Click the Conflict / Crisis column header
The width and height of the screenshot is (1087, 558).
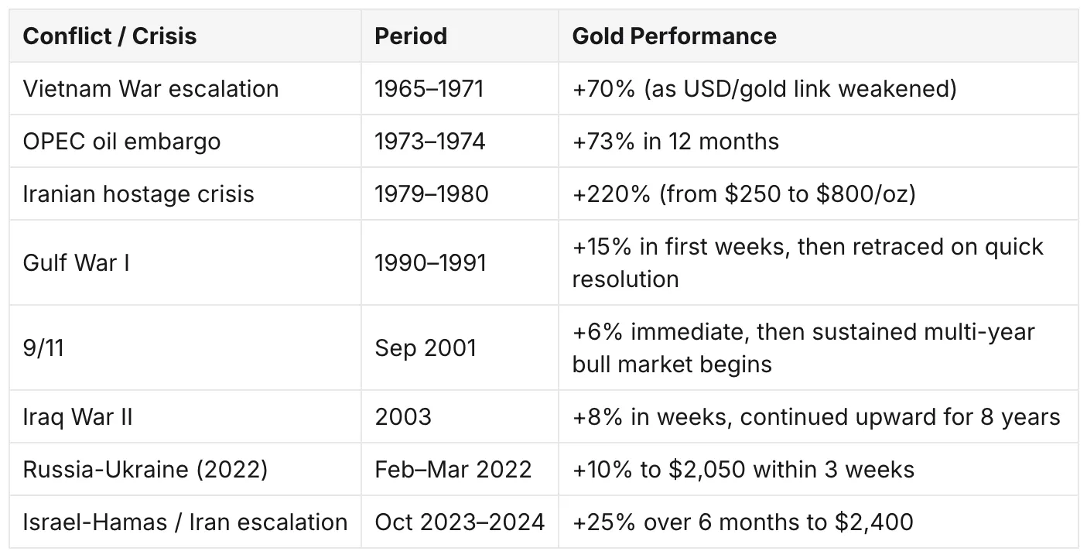110,36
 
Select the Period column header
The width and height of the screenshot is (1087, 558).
411,36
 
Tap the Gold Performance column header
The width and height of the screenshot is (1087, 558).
674,36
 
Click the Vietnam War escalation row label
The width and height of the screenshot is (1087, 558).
150,89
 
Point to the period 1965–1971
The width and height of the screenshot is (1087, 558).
429,89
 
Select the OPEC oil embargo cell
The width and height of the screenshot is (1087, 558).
121,142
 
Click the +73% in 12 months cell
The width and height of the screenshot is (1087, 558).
675,142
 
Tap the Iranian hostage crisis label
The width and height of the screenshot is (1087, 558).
138,194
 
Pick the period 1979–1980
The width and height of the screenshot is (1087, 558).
431,194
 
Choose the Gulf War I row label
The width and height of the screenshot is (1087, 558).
76,262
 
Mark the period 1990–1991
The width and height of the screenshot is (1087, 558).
430,262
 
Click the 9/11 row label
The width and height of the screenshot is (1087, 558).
43,347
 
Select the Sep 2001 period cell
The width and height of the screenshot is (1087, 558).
425,348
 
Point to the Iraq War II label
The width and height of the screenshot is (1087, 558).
77,417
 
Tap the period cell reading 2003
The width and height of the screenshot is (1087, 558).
403,417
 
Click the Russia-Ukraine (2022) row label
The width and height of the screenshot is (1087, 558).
145,470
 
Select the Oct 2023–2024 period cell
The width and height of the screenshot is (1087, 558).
459,522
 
